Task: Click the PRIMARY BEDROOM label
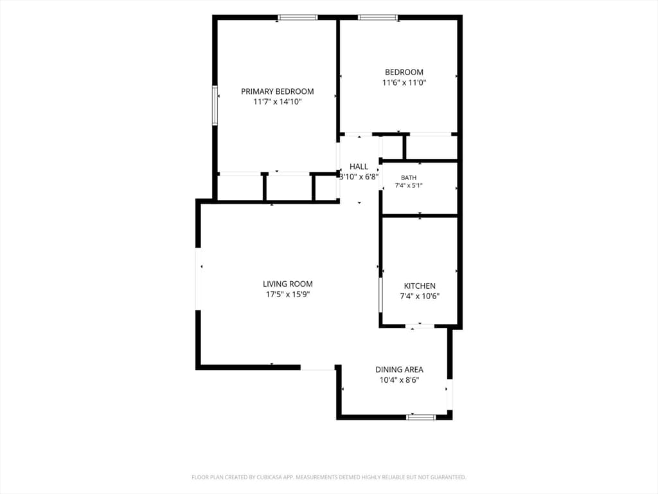pyautogui.click(x=278, y=91)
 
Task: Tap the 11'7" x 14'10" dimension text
pyautogui.click(x=278, y=102)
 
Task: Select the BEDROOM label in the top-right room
pyautogui.click(x=404, y=72)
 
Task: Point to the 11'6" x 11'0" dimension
pyautogui.click(x=404, y=83)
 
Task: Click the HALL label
pyautogui.click(x=359, y=167)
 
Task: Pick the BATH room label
pyautogui.click(x=409, y=178)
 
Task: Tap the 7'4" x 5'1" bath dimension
pyautogui.click(x=409, y=185)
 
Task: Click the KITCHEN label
pyautogui.click(x=420, y=286)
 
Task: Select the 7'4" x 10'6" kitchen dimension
pyautogui.click(x=420, y=296)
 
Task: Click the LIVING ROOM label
pyautogui.click(x=288, y=284)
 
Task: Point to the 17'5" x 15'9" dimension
pyautogui.click(x=288, y=295)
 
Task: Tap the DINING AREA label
pyautogui.click(x=399, y=370)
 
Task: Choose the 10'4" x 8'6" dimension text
pyautogui.click(x=399, y=380)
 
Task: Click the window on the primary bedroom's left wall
pyautogui.click(x=215, y=105)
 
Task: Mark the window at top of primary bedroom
pyautogui.click(x=298, y=17)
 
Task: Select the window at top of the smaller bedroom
pyautogui.click(x=378, y=17)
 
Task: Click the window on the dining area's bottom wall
pyautogui.click(x=422, y=417)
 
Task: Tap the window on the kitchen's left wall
pyautogui.click(x=381, y=295)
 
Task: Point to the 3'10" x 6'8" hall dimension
pyautogui.click(x=359, y=177)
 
